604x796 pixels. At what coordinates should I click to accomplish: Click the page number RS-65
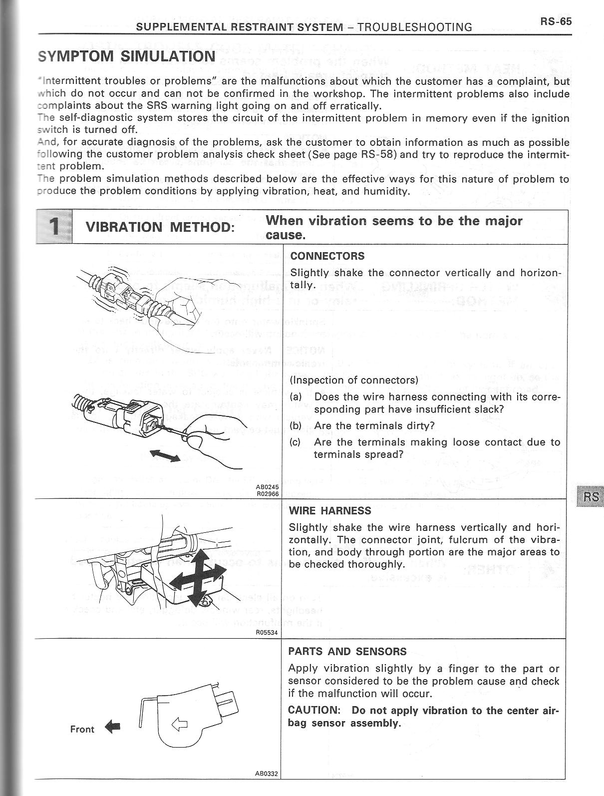pyautogui.click(x=555, y=21)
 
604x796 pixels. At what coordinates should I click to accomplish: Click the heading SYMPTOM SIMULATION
pyautogui.click(x=126, y=55)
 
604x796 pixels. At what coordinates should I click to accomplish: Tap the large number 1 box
pyautogui.click(x=54, y=227)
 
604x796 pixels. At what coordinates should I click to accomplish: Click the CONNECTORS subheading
pyautogui.click(x=327, y=256)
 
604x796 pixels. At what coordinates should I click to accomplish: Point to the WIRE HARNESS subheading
pyautogui.click(x=330, y=511)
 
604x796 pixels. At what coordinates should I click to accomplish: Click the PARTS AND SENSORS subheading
pyautogui.click(x=347, y=652)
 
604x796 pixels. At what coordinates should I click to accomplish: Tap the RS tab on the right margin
pyautogui.click(x=591, y=496)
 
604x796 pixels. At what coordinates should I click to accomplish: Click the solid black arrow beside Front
pyautogui.click(x=113, y=728)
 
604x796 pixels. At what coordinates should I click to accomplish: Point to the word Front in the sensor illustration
pyautogui.click(x=82, y=729)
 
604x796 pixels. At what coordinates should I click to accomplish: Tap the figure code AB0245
pyautogui.click(x=268, y=486)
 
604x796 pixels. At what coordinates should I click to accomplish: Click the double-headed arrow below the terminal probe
pyautogui.click(x=165, y=455)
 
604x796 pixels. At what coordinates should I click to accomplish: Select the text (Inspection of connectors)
pyautogui.click(x=354, y=380)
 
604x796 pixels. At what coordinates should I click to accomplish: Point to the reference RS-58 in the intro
pyautogui.click(x=379, y=154)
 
